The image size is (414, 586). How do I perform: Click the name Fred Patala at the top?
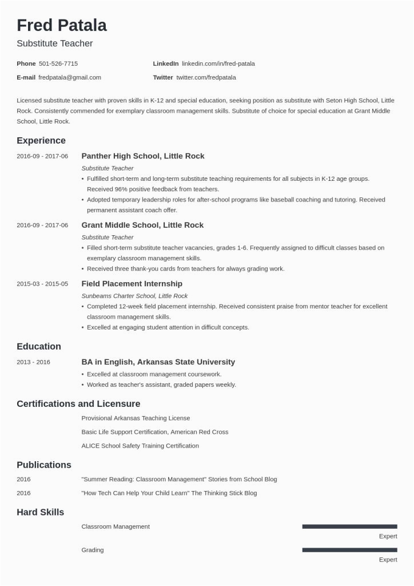click(x=62, y=25)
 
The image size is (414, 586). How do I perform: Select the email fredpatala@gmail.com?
click(x=70, y=77)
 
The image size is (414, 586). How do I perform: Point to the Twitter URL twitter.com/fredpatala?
click(x=206, y=77)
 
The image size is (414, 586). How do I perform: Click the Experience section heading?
click(x=41, y=140)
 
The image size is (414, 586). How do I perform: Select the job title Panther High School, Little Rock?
click(x=143, y=156)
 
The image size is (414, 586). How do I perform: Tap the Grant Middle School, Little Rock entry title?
click(x=142, y=225)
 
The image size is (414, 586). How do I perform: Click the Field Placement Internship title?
click(x=132, y=283)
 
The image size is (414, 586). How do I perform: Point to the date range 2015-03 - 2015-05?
click(x=42, y=284)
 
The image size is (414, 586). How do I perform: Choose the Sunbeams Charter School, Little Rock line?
click(x=134, y=296)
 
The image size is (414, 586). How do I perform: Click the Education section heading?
click(x=39, y=346)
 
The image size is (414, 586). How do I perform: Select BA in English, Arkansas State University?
click(x=158, y=362)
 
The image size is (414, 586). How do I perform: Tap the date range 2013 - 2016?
click(x=34, y=362)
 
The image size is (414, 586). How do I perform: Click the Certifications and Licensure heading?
click(x=78, y=403)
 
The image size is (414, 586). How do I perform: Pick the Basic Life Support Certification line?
click(x=155, y=432)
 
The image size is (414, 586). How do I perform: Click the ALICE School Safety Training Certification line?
click(x=140, y=446)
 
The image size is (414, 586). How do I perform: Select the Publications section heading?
click(x=44, y=465)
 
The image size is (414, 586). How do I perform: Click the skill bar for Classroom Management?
click(x=349, y=526)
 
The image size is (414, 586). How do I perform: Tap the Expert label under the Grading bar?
click(x=388, y=560)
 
